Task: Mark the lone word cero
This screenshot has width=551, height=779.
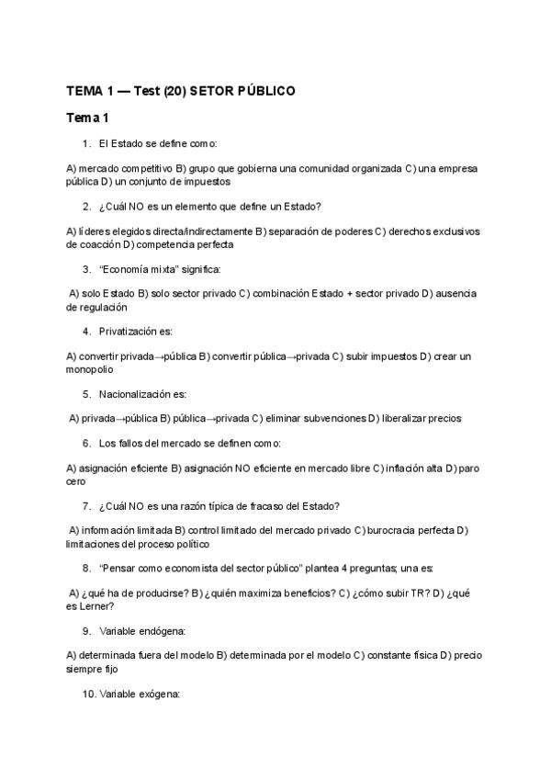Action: tap(76, 480)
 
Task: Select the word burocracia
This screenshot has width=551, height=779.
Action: tap(397, 530)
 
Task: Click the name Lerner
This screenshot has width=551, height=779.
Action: tap(96, 605)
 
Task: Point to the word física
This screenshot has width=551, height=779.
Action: tap(420, 655)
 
